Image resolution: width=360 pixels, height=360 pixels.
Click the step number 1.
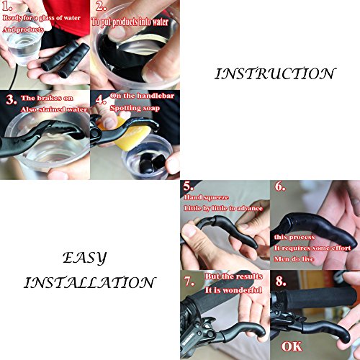pos(9,8)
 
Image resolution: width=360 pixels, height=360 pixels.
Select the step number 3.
pos(9,98)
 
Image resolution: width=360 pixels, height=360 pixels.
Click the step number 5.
pos(189,186)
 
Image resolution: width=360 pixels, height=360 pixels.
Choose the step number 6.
pos(279,186)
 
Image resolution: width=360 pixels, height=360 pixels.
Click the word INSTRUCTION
pos(276,73)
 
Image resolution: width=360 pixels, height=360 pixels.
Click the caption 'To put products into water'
pos(135,22)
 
